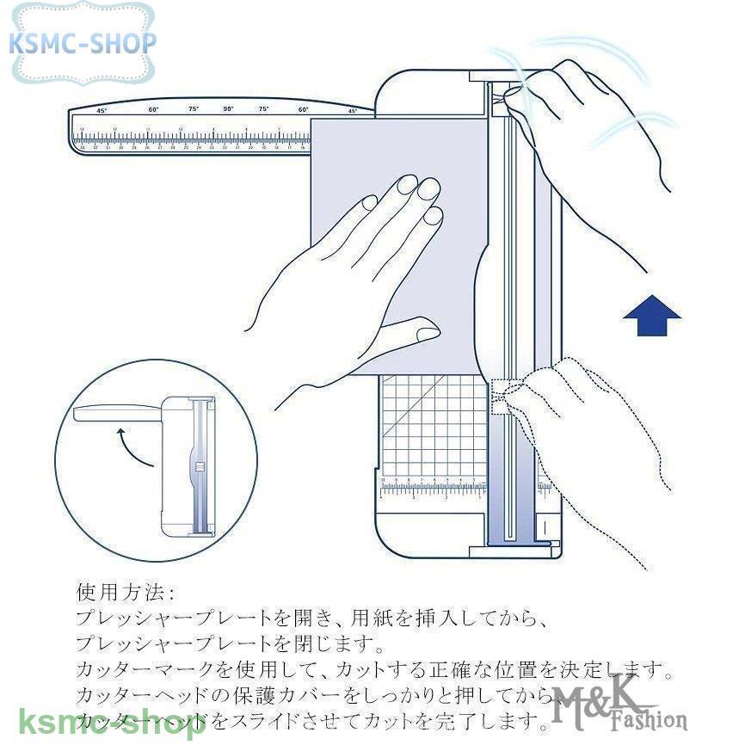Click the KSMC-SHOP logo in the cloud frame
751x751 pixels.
click(83, 42)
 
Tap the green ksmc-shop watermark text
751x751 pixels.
click(111, 721)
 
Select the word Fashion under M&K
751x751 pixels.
click(649, 720)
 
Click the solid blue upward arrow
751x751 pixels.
click(651, 317)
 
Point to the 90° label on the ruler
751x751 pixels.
click(228, 109)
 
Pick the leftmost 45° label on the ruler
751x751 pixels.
click(102, 111)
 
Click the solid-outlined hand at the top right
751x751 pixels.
click(594, 129)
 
